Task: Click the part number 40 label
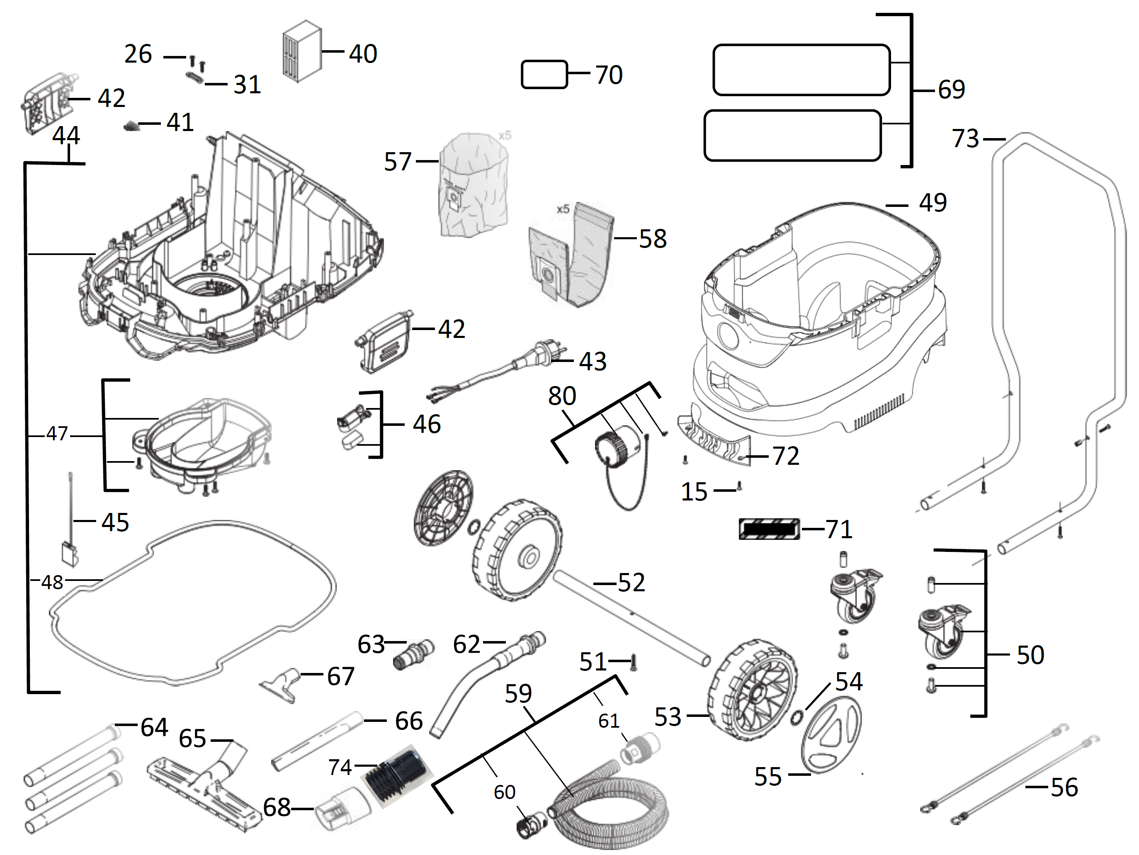pos(363,53)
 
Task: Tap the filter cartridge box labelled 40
pos(302,51)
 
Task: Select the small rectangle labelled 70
pos(544,75)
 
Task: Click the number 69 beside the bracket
pos(951,90)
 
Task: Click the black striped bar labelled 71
pos(769,529)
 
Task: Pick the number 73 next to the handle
pos(965,138)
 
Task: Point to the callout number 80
pos(562,396)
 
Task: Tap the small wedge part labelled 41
pos(131,126)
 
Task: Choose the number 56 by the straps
pos(1064,787)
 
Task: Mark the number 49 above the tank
pos(933,202)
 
